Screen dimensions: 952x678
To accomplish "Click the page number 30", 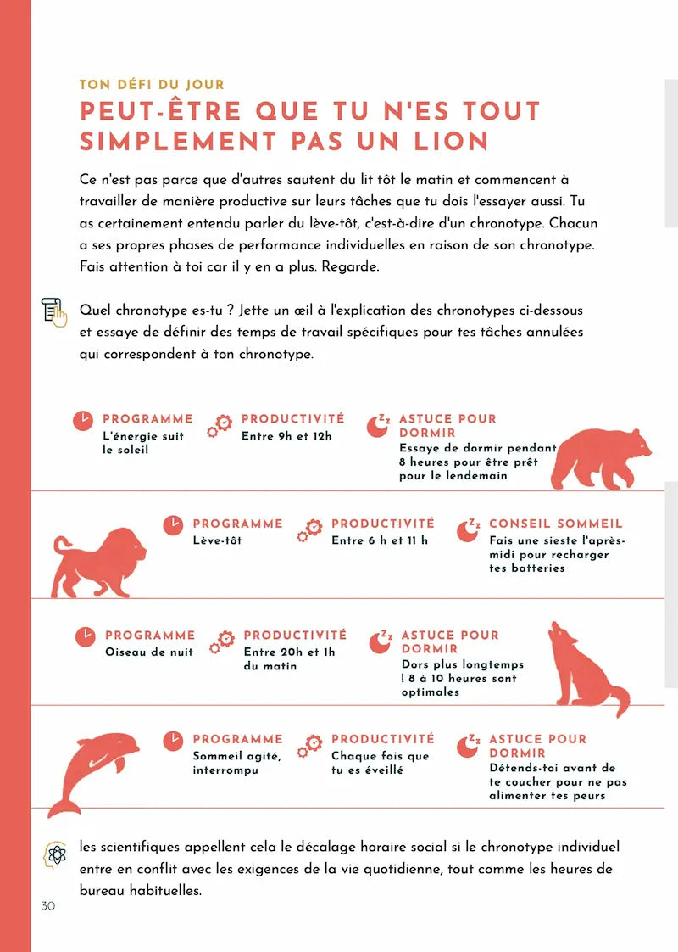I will [x=47, y=906].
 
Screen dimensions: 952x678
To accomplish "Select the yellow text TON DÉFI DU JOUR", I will [x=151, y=85].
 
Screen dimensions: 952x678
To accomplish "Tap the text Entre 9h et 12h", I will [x=286, y=436].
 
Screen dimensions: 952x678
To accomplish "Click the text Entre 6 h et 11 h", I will [x=380, y=540].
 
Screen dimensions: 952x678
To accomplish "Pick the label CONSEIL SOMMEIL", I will [x=555, y=524].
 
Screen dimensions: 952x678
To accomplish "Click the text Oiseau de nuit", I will [x=149, y=652].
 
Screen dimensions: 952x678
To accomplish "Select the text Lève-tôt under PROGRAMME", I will [x=217, y=540].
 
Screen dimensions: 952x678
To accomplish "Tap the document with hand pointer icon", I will [x=54, y=312].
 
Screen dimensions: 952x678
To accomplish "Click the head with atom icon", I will [x=55, y=854].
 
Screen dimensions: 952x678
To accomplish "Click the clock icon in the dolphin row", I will [x=173, y=741].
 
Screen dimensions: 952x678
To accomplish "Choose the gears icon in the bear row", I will [x=220, y=425].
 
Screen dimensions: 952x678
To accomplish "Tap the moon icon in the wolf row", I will [x=378, y=641].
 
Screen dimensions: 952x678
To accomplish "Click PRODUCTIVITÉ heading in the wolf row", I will [x=295, y=635].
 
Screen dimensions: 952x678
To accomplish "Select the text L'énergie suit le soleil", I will [x=142, y=442].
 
